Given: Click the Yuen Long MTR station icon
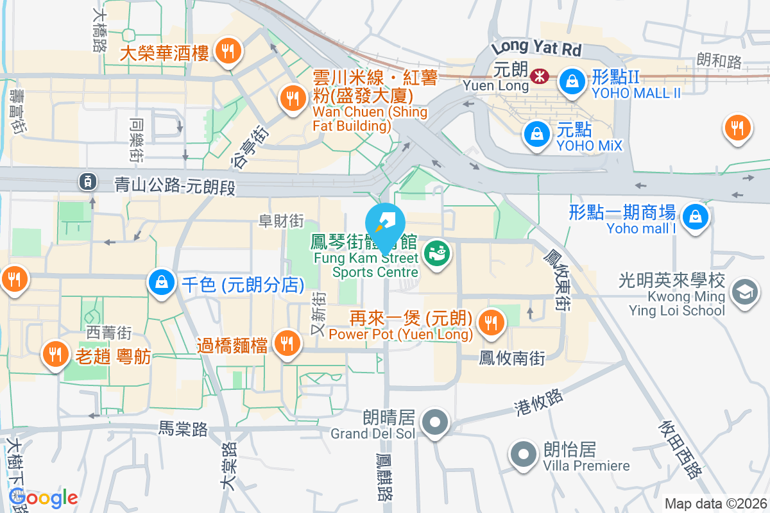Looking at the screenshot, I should (x=539, y=77).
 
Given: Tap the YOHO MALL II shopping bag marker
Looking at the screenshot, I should (x=569, y=80).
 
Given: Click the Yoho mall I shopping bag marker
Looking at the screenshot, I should (x=694, y=216).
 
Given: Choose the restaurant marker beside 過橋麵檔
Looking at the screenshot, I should (x=287, y=344).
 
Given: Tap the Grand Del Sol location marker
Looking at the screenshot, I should (x=435, y=423).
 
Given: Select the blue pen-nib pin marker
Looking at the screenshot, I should (x=384, y=223).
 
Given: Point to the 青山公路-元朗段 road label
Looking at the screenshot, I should (x=175, y=186).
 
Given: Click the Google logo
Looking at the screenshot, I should (x=43, y=498).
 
